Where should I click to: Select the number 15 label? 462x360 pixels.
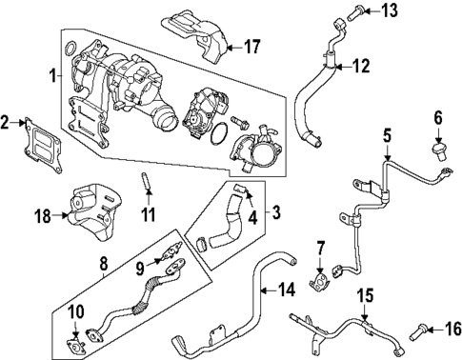[362, 296]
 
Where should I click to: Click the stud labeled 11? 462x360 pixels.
[147, 180]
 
